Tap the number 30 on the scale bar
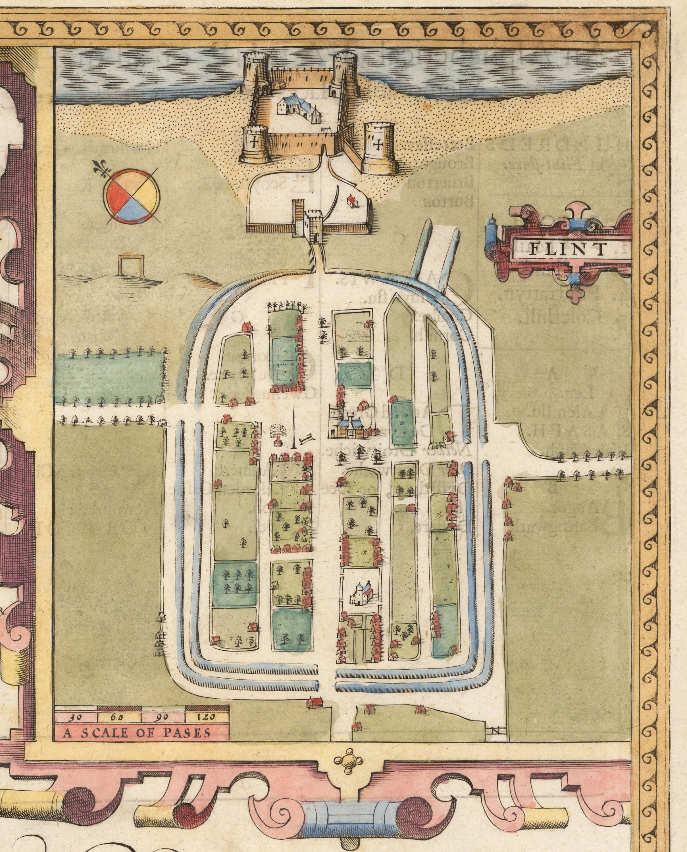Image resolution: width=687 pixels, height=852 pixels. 76,716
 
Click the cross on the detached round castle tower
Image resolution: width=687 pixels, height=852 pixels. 379,145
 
